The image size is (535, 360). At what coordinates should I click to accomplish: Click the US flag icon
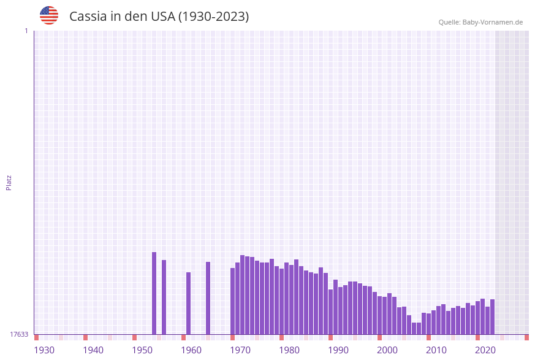coord(49,15)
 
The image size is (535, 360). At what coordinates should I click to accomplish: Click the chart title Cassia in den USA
coord(159,17)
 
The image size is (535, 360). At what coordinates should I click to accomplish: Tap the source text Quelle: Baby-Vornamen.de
coord(480,22)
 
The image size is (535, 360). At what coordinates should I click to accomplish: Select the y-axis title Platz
coord(9,182)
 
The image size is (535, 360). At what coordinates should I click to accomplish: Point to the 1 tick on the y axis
coord(26,31)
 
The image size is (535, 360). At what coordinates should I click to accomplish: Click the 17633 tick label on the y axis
coord(19,334)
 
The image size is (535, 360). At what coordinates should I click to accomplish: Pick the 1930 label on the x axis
coord(44,350)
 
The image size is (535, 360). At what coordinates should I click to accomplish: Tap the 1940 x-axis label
coord(93,350)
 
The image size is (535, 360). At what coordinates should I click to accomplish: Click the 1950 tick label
coord(142,350)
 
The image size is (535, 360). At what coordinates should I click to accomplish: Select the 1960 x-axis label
coord(191,350)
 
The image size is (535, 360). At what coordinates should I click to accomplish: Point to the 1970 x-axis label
coord(240,350)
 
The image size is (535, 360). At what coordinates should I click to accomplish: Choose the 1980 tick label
coord(289,350)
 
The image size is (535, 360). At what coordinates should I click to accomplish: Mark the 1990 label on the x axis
coord(338,350)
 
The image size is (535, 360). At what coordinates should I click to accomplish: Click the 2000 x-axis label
coord(387,350)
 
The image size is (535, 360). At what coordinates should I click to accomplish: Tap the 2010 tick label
coord(436,350)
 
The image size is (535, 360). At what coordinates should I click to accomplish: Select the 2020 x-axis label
coord(485,350)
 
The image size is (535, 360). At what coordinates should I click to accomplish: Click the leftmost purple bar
coord(154,293)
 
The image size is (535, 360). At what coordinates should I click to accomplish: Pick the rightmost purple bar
coord(492,316)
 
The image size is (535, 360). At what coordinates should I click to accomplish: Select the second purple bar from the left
coord(164,297)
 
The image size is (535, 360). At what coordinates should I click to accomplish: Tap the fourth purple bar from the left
coord(208,298)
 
